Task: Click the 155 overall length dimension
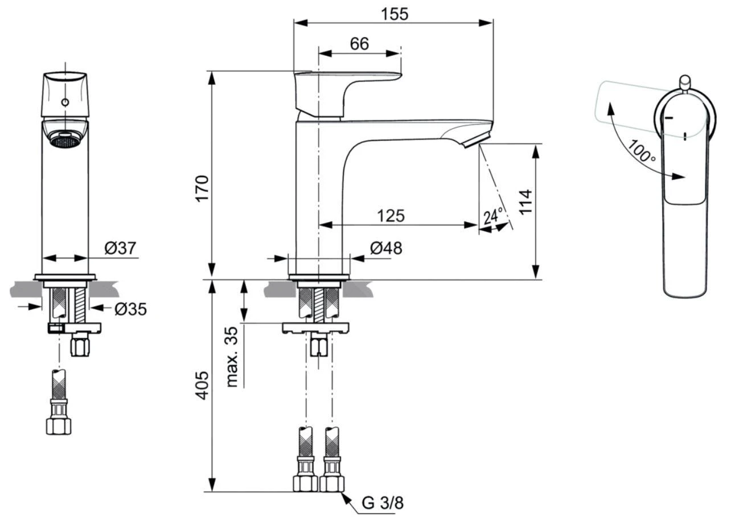395,13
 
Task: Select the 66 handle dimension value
359,43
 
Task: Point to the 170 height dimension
203,188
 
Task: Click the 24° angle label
493,216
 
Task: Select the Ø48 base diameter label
385,248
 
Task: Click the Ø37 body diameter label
120,248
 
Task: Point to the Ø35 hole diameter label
130,309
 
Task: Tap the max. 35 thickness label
232,356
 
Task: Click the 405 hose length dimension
203,385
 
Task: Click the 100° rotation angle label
642,150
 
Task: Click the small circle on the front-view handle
65,102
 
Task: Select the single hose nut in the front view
58,425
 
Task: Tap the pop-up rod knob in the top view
685,81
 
